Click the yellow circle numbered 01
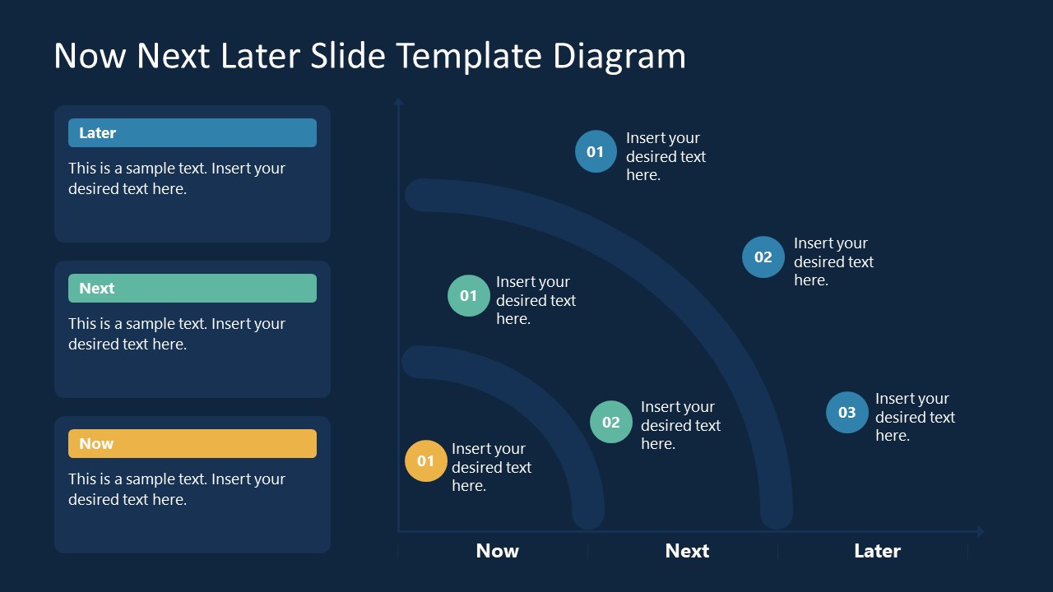pyautogui.click(x=425, y=461)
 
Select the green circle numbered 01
pyautogui.click(x=468, y=296)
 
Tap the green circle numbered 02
pyautogui.click(x=610, y=422)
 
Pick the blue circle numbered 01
pyautogui.click(x=595, y=151)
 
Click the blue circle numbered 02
pyautogui.click(x=763, y=257)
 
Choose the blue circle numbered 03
pyautogui.click(x=847, y=413)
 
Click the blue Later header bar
pyautogui.click(x=192, y=133)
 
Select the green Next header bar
pyautogui.click(x=192, y=289)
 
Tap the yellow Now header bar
pyautogui.click(x=192, y=444)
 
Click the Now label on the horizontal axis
pyautogui.click(x=497, y=551)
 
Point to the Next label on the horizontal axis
pyautogui.click(x=687, y=551)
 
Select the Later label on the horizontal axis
pyautogui.click(x=877, y=551)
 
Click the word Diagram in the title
pyautogui.click(x=619, y=56)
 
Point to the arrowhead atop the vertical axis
pyautogui.click(x=398, y=102)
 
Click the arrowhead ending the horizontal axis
pyautogui.click(x=979, y=531)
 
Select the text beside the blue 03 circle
pyautogui.click(x=914, y=417)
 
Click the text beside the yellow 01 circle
pyautogui.click(x=491, y=467)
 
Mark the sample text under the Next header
pyautogui.click(x=177, y=334)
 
